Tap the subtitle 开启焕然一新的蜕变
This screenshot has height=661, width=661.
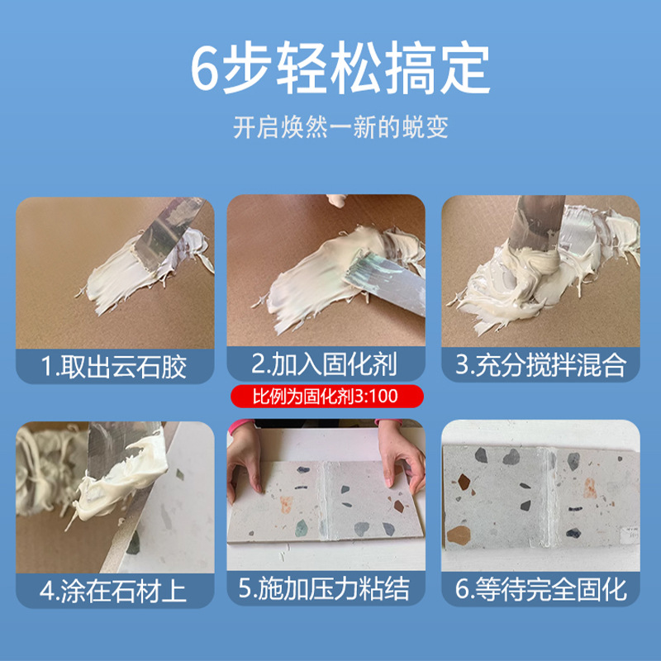pyautogui.click(x=330, y=129)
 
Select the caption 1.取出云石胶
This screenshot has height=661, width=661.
pyautogui.click(x=115, y=365)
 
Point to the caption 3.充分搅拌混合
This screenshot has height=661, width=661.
pyautogui.click(x=541, y=365)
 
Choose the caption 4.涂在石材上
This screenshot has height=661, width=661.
pyautogui.click(x=115, y=590)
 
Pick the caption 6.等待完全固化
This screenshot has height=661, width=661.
pyautogui.click(x=541, y=590)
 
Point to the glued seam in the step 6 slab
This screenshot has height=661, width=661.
pyautogui.click(x=547, y=496)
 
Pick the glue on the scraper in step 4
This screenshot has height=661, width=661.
pyautogui.click(x=124, y=471)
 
